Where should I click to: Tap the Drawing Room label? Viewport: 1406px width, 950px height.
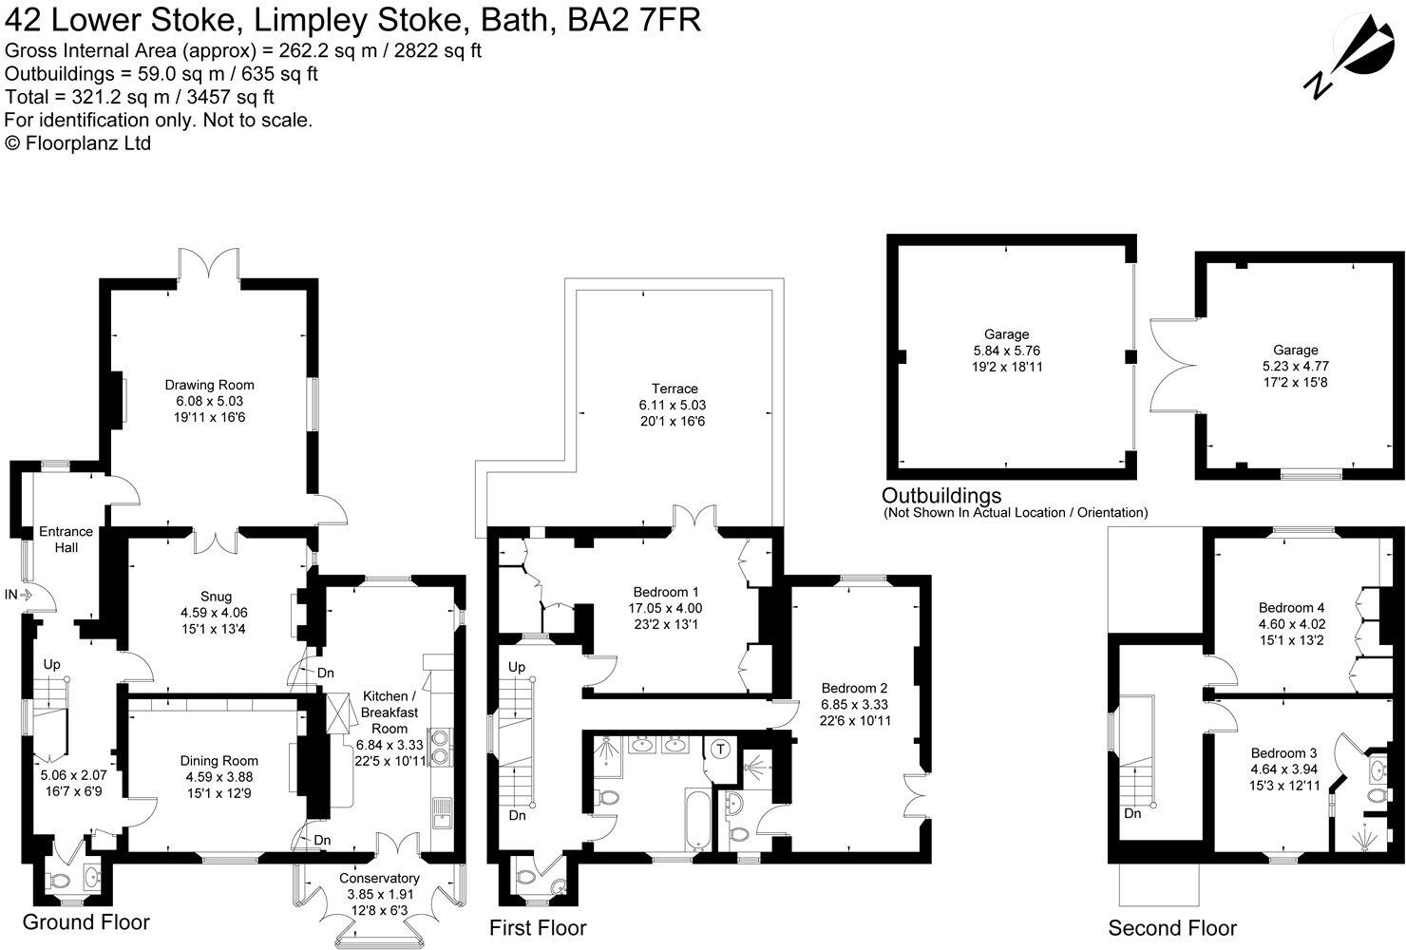click(x=209, y=385)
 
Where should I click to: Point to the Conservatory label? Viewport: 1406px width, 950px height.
click(x=379, y=879)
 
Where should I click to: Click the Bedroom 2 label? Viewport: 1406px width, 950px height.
click(x=854, y=688)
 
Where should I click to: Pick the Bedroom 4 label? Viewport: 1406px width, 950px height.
click(x=1291, y=608)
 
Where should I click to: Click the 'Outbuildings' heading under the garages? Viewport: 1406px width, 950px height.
click(x=941, y=495)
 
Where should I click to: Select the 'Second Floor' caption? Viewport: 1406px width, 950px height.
click(x=1172, y=928)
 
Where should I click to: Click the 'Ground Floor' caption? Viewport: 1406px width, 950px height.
click(x=85, y=921)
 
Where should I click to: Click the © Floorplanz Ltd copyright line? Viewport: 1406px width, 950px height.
click(x=78, y=143)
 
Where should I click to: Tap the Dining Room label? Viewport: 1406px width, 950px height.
click(x=218, y=761)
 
